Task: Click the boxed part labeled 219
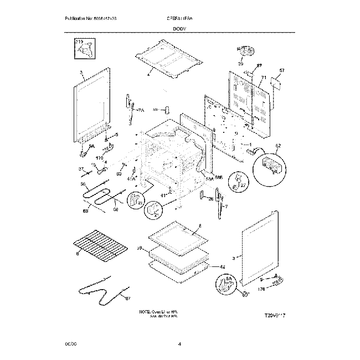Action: (x=84, y=49)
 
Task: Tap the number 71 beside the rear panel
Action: (x=264, y=78)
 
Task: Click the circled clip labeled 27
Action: (x=239, y=183)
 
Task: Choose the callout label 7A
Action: (x=141, y=111)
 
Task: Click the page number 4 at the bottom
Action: (x=180, y=344)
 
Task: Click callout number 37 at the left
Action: (x=80, y=169)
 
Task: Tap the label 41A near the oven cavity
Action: (x=131, y=178)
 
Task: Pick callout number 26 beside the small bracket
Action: (x=210, y=199)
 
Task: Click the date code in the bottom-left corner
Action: (x=69, y=344)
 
